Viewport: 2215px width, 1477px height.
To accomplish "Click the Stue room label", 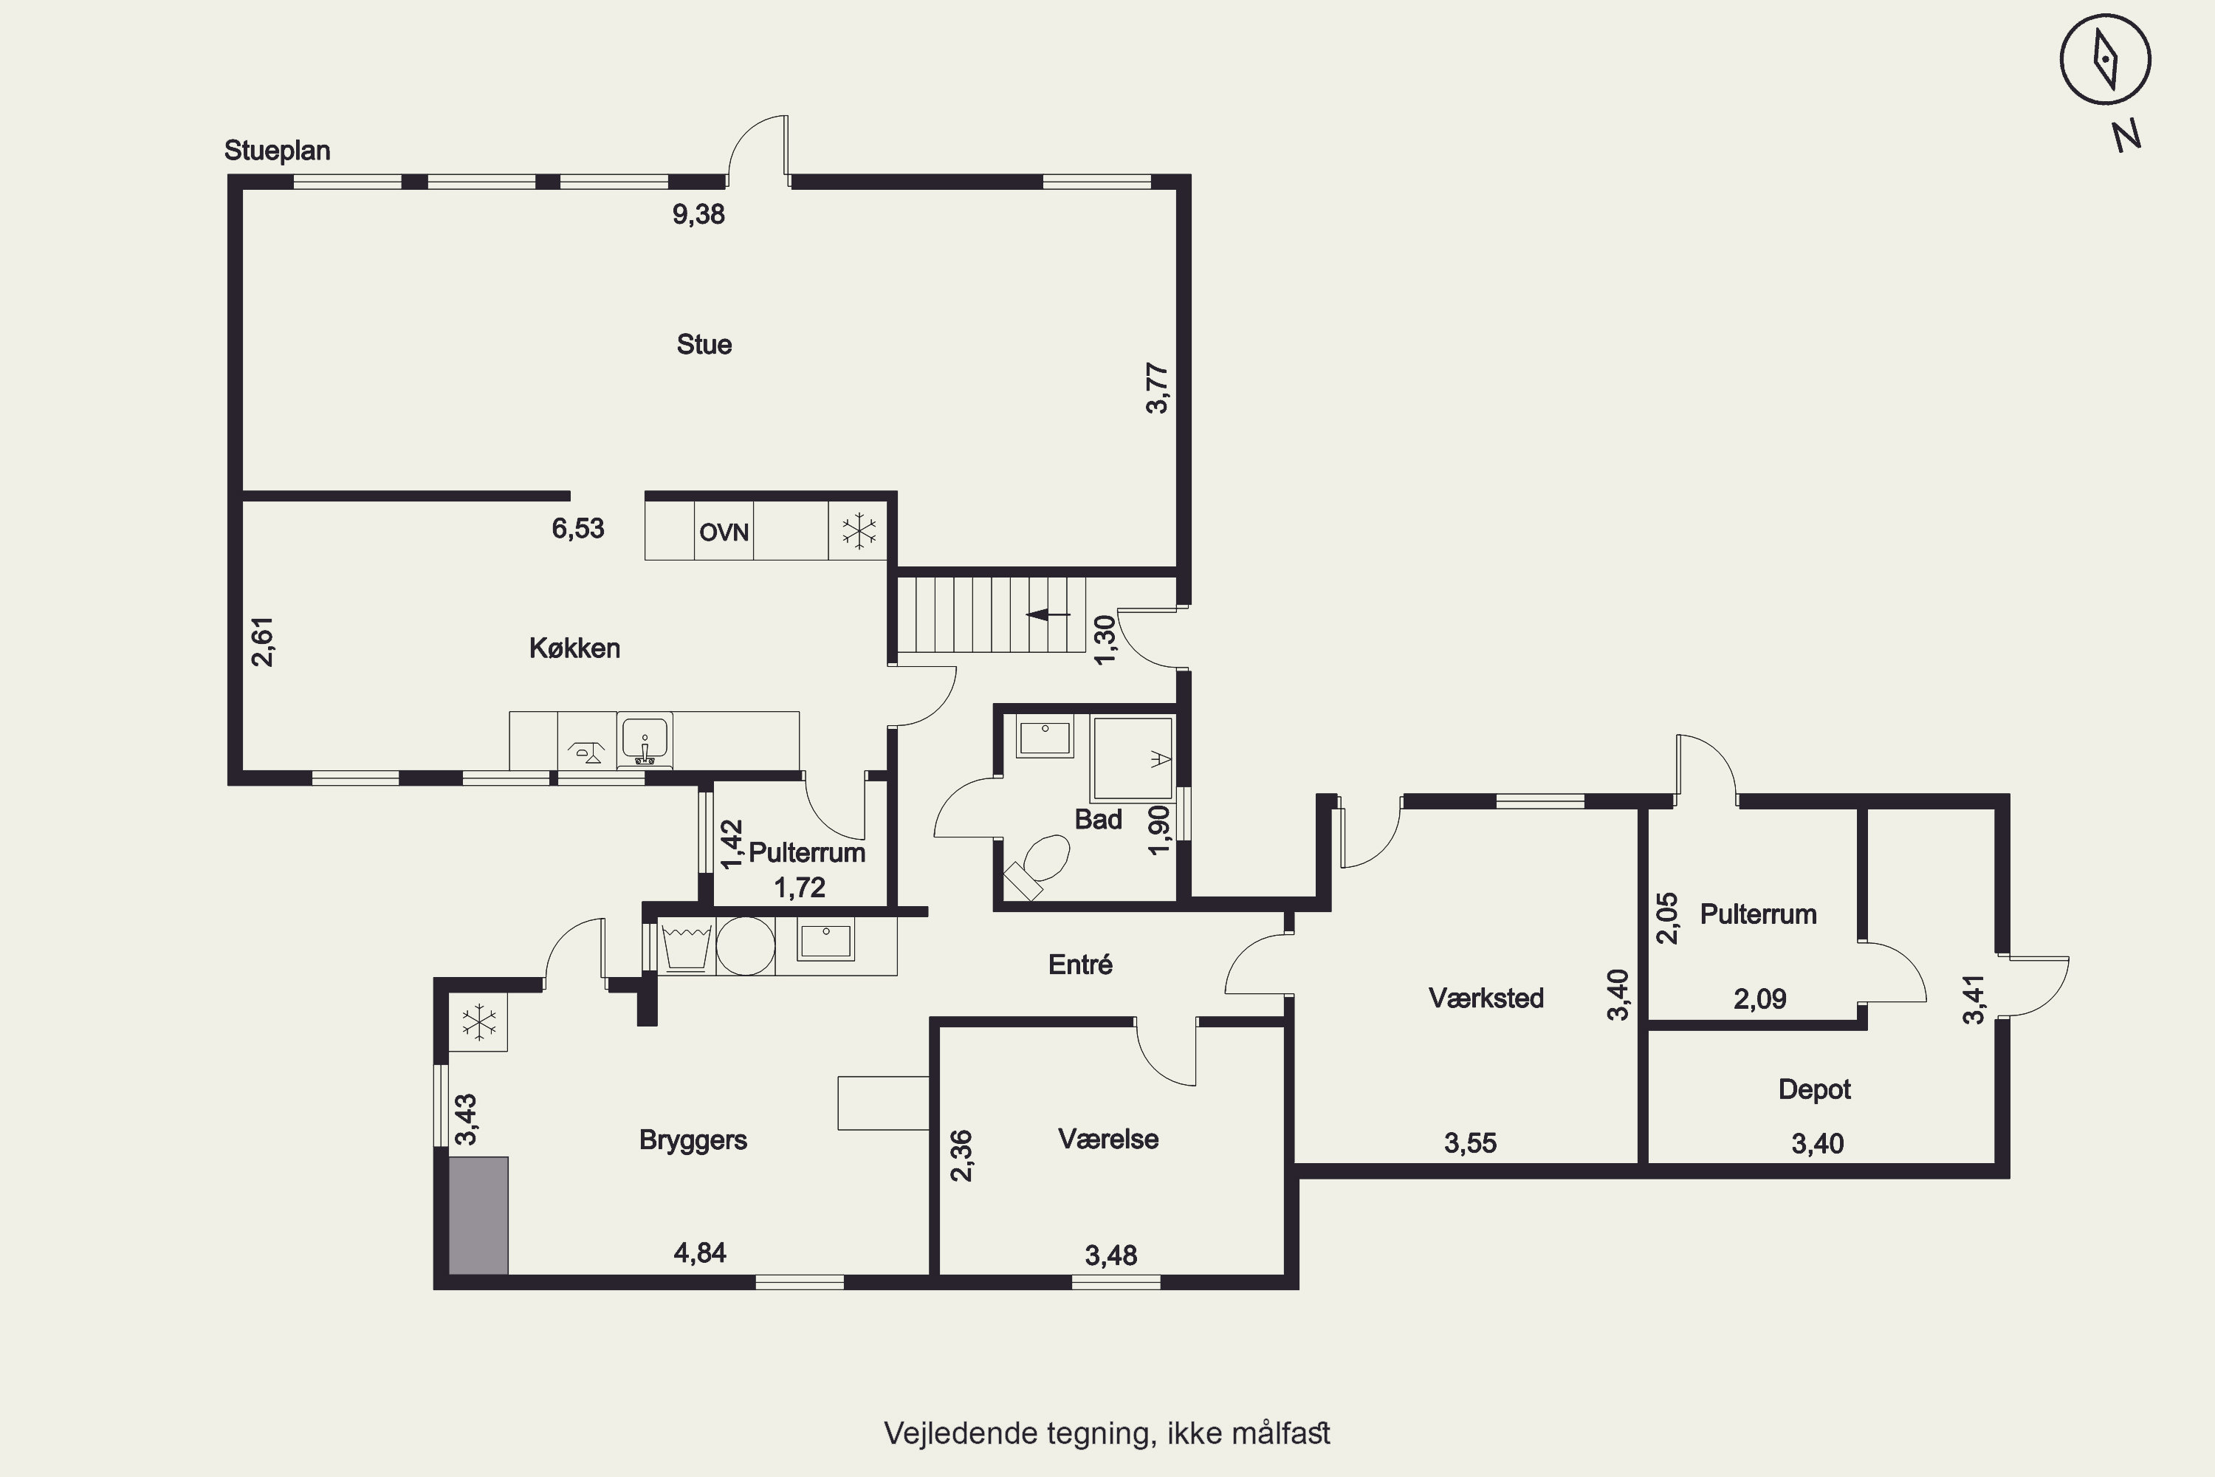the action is (x=704, y=345).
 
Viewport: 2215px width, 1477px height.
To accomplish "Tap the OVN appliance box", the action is (x=724, y=531).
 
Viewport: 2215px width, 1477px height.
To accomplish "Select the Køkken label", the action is (x=574, y=648).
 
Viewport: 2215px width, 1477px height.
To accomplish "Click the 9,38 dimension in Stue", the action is (x=698, y=215).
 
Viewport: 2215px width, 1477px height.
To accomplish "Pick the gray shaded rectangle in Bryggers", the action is (x=478, y=1215).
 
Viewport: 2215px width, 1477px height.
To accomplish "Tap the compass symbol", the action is (x=2105, y=59).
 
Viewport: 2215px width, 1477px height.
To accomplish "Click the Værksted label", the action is (x=1486, y=998).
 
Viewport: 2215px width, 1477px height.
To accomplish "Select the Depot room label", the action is (x=1815, y=1090).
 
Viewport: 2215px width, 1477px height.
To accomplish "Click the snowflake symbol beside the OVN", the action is (x=859, y=530).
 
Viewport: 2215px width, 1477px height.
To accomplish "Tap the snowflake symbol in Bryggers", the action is (x=478, y=1022).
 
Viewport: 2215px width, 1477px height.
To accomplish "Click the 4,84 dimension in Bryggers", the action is (x=700, y=1252).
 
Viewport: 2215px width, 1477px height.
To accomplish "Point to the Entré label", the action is (x=1080, y=964).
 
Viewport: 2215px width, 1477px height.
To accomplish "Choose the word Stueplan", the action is (x=277, y=151).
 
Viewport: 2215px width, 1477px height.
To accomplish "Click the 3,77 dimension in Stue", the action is (x=1158, y=388).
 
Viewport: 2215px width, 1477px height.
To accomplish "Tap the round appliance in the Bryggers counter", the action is (x=745, y=946).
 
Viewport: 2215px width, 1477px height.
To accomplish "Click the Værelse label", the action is (x=1108, y=1139).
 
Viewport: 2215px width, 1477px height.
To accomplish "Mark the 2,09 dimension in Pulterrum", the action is (x=1759, y=998).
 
